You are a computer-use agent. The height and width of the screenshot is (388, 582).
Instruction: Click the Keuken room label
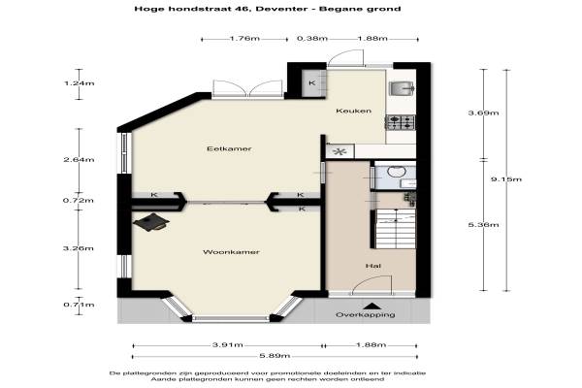(353, 111)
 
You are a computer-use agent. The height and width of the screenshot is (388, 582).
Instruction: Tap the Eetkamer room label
(229, 148)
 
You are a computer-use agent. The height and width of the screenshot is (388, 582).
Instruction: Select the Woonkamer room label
(231, 252)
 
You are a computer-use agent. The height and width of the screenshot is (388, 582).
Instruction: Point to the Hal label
(373, 266)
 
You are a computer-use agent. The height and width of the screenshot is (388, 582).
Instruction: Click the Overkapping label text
(366, 315)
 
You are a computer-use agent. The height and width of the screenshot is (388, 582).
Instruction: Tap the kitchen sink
(401, 88)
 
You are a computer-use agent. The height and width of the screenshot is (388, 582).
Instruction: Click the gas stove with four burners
(401, 122)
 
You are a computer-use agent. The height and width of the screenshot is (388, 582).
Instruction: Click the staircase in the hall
(394, 228)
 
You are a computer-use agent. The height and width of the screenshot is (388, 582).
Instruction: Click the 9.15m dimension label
(506, 179)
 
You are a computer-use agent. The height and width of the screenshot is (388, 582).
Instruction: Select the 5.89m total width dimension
(275, 356)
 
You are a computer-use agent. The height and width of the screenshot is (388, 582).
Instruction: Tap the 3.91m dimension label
(228, 345)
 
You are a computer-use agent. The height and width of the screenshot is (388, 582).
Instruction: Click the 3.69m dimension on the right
(483, 113)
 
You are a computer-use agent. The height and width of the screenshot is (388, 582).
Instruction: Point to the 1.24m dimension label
(80, 83)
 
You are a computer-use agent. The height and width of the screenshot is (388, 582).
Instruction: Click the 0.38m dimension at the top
(312, 38)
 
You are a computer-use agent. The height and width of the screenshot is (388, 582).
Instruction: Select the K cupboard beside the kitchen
(314, 83)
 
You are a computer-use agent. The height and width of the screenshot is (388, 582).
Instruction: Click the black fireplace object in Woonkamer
(151, 222)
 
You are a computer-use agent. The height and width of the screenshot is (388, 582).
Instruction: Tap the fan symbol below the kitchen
(339, 151)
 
